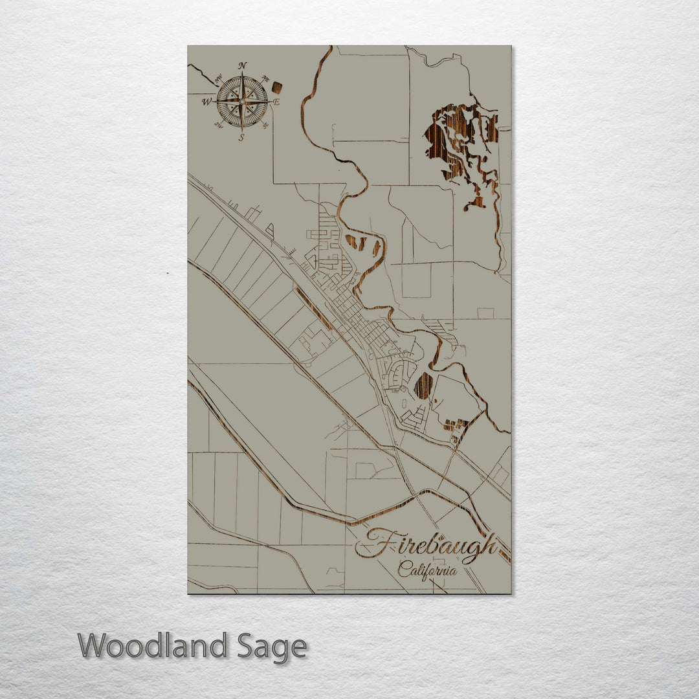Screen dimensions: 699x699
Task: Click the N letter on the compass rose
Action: click(242, 65)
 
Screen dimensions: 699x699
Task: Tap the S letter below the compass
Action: click(241, 137)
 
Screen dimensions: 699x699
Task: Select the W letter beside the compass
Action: click(206, 102)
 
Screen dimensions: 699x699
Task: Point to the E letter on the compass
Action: click(276, 102)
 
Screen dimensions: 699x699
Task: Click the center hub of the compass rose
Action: click(242, 102)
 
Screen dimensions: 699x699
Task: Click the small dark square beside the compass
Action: click(277, 87)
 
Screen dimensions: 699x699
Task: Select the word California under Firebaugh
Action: click(427, 570)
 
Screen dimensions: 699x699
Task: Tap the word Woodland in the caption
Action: click(153, 646)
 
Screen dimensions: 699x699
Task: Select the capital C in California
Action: click(403, 570)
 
